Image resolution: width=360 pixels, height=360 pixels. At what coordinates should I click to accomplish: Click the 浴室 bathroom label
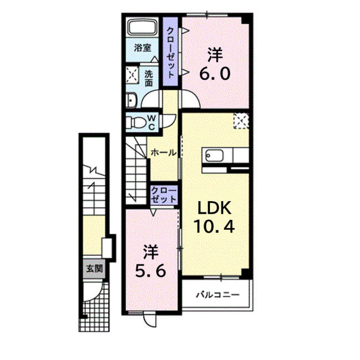coord(143,48)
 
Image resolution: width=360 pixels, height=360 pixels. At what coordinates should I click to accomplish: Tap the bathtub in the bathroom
coord(143,28)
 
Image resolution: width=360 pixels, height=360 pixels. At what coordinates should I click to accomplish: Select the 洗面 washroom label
coord(149,78)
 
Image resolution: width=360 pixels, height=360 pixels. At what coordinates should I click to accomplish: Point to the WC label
coord(152,121)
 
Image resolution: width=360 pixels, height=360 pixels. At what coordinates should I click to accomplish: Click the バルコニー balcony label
coord(217,295)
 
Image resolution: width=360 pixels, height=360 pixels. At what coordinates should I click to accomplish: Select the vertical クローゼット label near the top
coord(171,52)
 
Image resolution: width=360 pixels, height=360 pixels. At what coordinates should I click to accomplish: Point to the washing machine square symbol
coord(133,74)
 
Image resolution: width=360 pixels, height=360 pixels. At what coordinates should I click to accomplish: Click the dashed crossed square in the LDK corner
coord(241,120)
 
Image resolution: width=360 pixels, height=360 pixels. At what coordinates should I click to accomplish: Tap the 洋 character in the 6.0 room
coord(215,55)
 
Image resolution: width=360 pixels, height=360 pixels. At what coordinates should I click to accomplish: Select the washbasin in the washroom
coord(131,100)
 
